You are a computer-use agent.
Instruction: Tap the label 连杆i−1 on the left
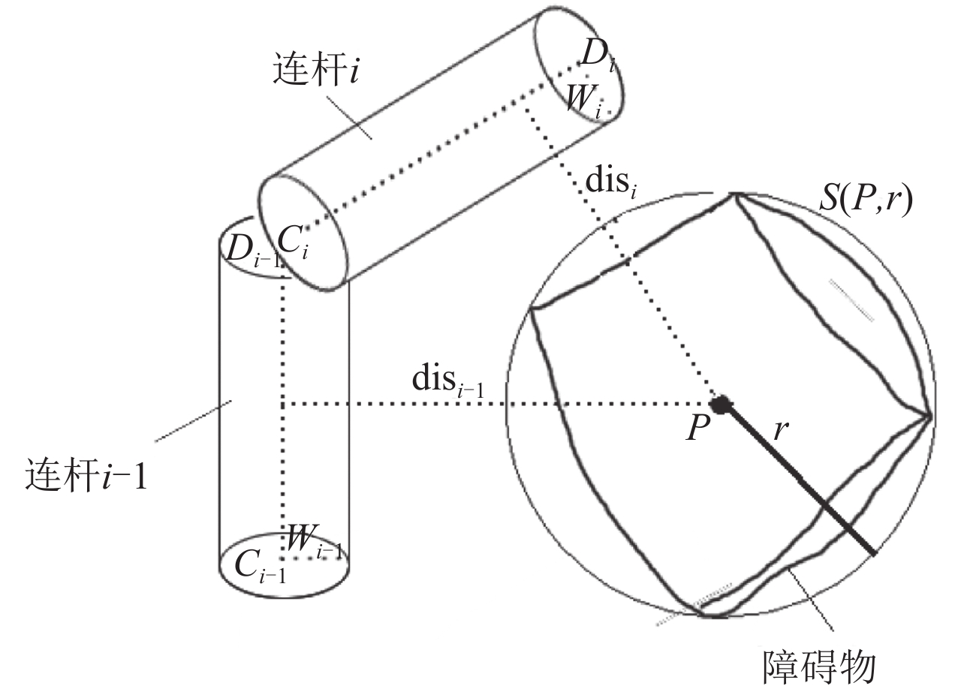coord(84,476)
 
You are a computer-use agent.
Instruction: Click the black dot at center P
coord(722,405)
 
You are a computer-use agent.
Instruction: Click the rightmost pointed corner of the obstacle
coord(930,416)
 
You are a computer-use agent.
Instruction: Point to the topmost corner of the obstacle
coord(734,195)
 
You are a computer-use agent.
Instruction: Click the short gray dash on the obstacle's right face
coord(851,299)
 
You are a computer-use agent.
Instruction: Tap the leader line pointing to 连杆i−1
coord(193,422)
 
